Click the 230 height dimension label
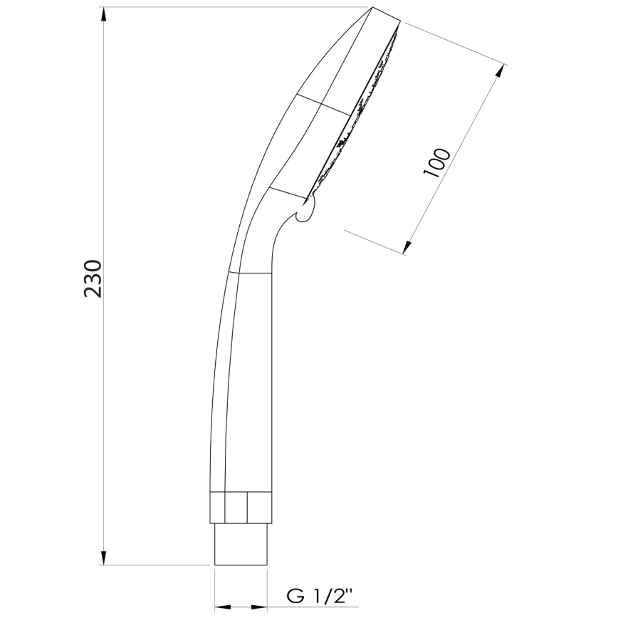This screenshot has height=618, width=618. click(93, 279)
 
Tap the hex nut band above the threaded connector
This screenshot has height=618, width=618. click(243, 508)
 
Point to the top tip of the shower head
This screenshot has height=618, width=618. click(372, 9)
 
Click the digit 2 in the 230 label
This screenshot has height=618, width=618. click(93, 293)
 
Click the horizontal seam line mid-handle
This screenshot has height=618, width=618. click(250, 273)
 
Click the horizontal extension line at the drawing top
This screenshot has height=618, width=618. click(235, 7)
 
